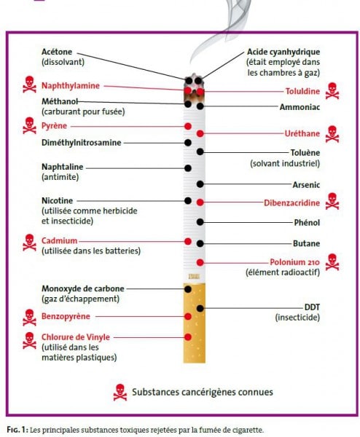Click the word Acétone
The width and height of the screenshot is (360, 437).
57,52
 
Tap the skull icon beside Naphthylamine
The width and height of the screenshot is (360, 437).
29,84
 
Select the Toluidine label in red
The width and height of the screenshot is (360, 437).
302,91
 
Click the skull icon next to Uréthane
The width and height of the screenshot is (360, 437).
332,134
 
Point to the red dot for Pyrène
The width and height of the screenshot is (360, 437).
188,126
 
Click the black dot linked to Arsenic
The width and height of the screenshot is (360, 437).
200,184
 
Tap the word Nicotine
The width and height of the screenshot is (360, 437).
57,200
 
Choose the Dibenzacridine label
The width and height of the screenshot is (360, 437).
291,202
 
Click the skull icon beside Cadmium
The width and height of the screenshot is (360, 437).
29,243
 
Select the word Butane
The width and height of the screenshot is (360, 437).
306,243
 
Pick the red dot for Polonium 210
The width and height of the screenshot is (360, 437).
200,262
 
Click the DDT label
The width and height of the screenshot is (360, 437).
312,307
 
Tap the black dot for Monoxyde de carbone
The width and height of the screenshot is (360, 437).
188,289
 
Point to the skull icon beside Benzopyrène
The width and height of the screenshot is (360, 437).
29,318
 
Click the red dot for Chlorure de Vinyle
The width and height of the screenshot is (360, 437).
188,337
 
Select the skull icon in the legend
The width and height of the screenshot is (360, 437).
120,392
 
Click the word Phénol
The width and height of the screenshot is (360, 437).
307,222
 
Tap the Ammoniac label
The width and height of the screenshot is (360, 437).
300,107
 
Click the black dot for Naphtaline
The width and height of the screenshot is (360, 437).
188,168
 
